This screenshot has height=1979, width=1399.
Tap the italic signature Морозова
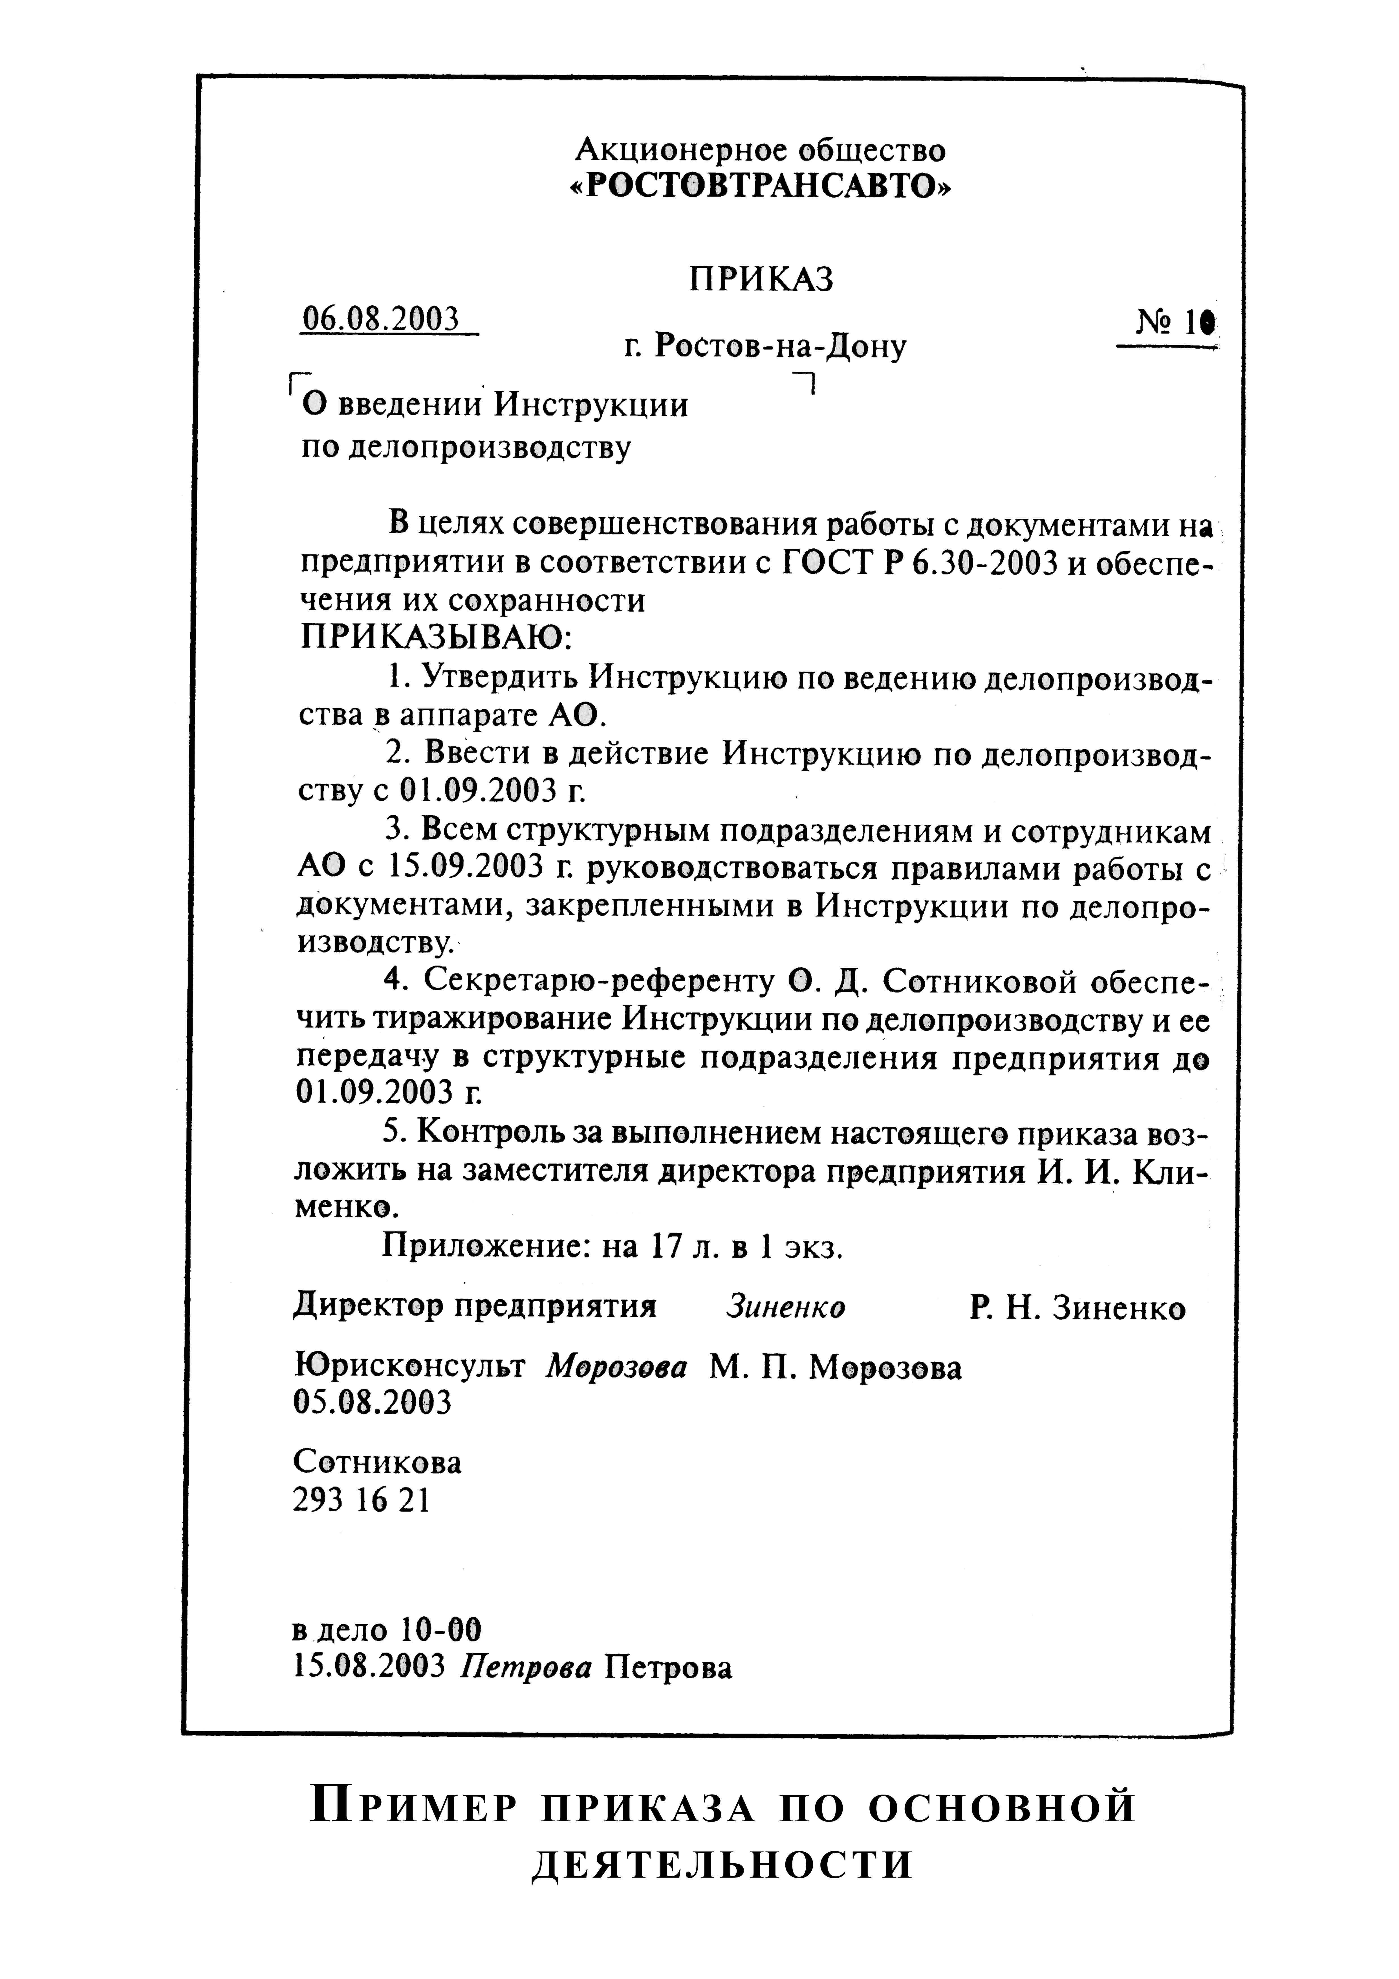tap(617, 1367)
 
